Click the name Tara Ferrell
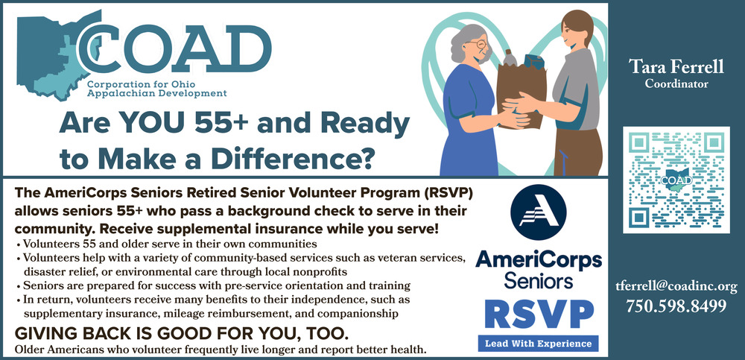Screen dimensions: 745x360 coord(676,67)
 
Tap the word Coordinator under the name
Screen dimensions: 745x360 coord(676,84)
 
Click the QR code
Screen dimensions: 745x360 coord(676,180)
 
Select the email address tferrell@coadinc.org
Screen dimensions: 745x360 coord(676,287)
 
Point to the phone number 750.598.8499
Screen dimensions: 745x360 coord(676,306)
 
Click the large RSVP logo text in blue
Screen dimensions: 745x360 coord(539,315)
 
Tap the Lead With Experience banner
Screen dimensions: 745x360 coord(539,344)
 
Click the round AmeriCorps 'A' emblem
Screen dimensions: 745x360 coord(539,212)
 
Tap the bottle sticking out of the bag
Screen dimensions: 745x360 coord(509,58)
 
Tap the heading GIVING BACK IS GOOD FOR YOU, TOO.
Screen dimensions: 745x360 coord(179,332)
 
